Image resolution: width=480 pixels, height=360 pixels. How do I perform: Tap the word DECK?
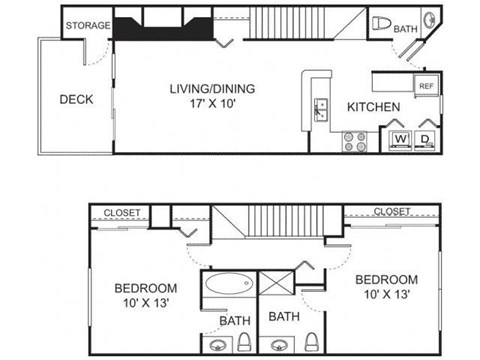point(76,99)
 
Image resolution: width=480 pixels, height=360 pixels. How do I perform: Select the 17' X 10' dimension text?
point(211,103)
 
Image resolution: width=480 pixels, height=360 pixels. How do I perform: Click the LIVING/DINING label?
point(211,88)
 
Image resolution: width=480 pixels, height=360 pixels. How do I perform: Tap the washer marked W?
point(400,139)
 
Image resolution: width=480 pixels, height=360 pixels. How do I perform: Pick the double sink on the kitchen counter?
point(320,109)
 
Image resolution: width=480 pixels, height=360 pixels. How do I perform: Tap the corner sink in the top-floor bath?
point(428,21)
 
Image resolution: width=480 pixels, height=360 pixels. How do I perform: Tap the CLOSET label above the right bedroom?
point(393,211)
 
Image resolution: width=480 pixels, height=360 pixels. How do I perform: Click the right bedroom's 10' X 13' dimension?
point(387,293)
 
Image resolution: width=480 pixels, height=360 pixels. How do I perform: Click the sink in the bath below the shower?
point(277,347)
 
